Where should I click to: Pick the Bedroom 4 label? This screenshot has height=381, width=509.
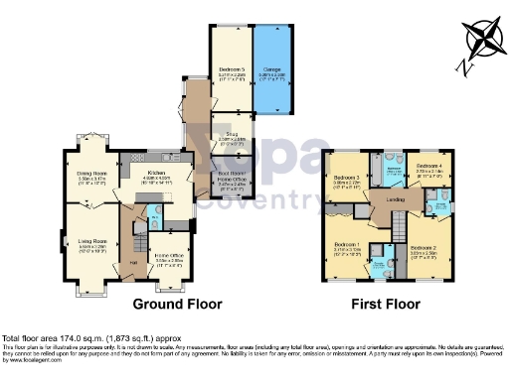(x=429, y=166)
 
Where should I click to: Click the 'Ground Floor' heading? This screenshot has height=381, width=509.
(x=178, y=304)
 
